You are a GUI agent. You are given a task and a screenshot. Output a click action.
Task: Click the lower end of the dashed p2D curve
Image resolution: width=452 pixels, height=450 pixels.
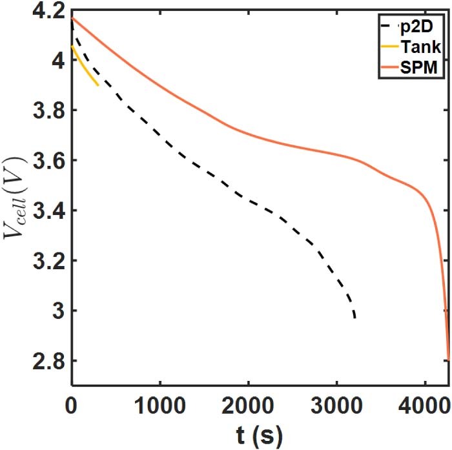(354, 318)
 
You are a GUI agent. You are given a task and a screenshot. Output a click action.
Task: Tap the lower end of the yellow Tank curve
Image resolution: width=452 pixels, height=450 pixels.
(98, 85)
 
